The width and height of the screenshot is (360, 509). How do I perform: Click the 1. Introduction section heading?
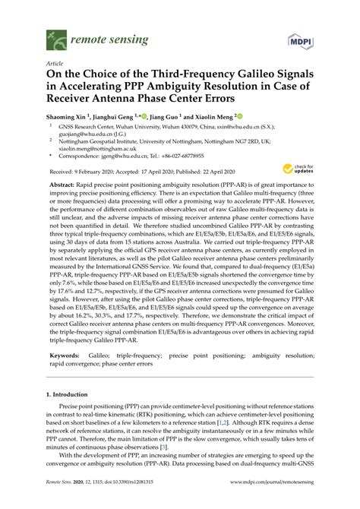[74, 395]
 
